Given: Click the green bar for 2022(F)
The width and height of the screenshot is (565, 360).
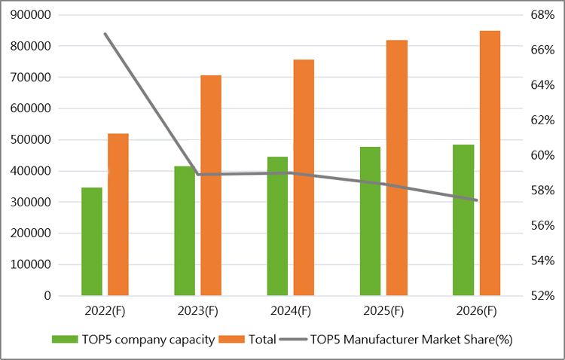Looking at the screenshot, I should click(92, 241).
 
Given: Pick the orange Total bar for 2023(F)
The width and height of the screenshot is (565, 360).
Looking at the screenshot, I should click(211, 185).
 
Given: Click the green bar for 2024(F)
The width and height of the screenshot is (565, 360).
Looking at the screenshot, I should click(277, 226).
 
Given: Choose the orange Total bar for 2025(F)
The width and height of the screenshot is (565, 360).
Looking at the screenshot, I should click(397, 167).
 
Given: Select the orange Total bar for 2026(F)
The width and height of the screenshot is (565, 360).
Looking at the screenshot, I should click(490, 163).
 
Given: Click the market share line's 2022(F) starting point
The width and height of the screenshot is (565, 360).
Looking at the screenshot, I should click(105, 34).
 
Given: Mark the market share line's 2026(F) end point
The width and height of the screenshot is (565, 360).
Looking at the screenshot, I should click(476, 200).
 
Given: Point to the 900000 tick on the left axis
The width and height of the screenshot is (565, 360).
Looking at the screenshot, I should click(32, 14).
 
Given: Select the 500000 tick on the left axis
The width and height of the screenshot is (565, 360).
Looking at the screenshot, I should click(32, 139).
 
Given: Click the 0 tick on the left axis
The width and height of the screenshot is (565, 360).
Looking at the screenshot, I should click(47, 296).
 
